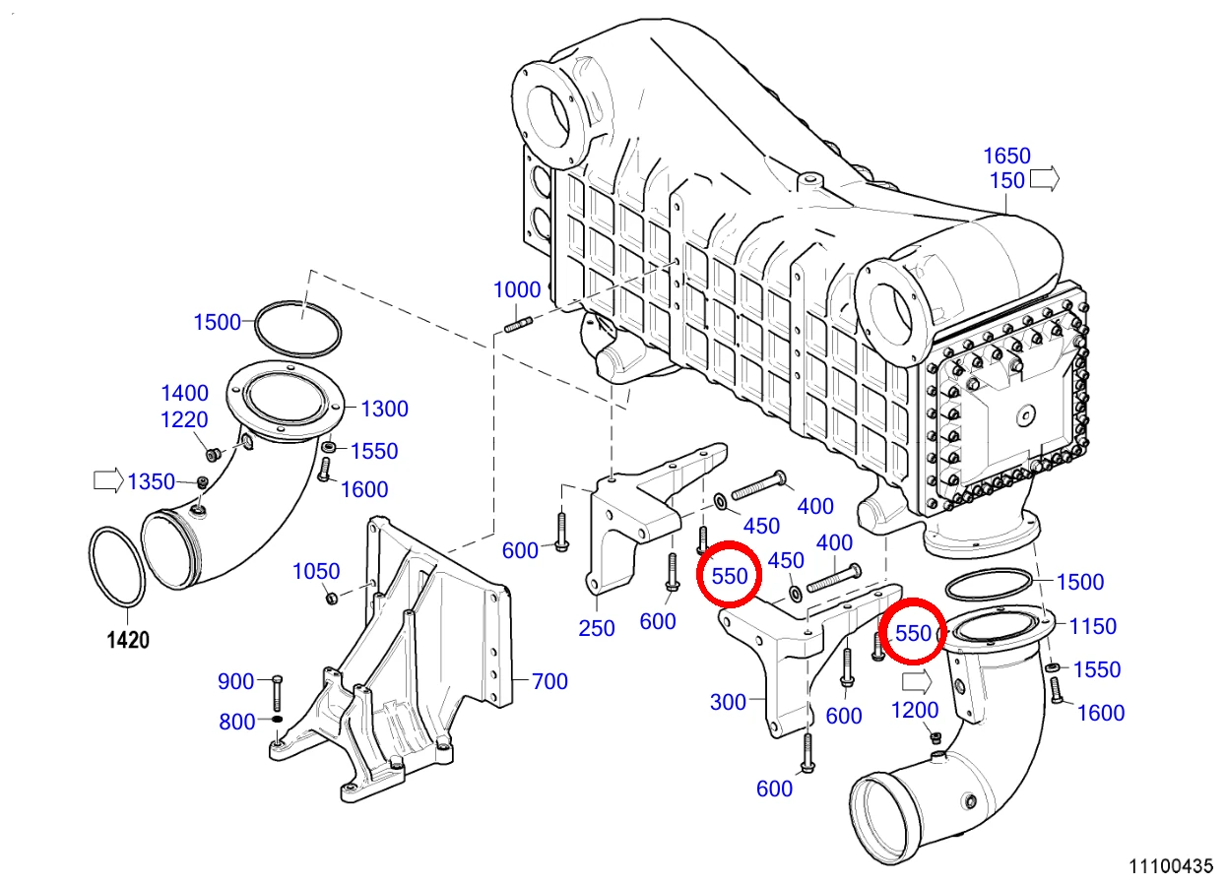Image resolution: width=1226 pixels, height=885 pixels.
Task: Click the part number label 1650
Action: click(x=1006, y=156)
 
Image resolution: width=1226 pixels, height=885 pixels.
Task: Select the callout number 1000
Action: click(x=517, y=289)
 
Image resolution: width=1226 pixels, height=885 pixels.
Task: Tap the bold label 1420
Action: click(x=128, y=640)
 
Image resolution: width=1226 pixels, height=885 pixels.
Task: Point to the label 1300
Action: click(x=384, y=409)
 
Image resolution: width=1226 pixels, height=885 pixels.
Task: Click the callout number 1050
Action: click(x=316, y=571)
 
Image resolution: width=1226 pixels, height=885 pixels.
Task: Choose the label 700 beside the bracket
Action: click(x=549, y=681)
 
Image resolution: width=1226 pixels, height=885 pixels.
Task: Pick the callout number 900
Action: click(x=235, y=681)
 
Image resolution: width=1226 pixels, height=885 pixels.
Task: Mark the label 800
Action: click(x=237, y=722)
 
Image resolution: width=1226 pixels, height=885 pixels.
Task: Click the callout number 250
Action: click(x=597, y=628)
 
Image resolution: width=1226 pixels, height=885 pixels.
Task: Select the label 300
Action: click(x=728, y=702)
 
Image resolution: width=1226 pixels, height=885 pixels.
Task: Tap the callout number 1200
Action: click(x=915, y=711)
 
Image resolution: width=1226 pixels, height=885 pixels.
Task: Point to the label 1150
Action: click(x=1092, y=626)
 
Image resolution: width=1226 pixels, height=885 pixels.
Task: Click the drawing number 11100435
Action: click(x=1171, y=866)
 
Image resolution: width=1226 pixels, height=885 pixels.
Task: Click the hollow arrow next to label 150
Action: click(x=1045, y=179)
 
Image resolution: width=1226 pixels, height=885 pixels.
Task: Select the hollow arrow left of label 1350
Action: click(x=108, y=480)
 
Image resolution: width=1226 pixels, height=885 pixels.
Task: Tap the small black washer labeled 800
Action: click(x=277, y=719)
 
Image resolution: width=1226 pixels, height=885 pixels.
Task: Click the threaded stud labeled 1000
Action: click(x=517, y=324)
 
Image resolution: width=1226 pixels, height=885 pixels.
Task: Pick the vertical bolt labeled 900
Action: click(x=277, y=693)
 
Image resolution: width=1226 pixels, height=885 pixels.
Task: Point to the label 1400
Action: click(x=184, y=393)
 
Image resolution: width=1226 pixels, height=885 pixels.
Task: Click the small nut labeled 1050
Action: click(x=331, y=599)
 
